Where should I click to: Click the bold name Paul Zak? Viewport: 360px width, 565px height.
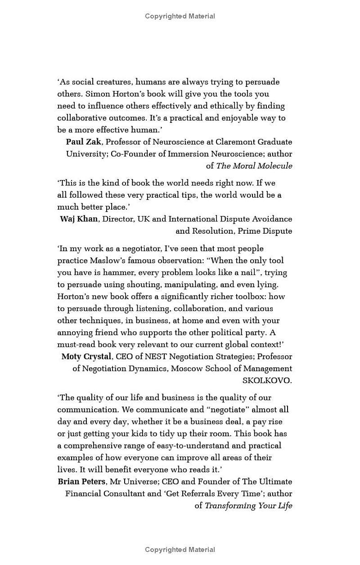point(84,142)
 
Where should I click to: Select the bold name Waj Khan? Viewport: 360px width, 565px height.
point(79,219)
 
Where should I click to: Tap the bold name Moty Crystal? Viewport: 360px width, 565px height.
point(86,357)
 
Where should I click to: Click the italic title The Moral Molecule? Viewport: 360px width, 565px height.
point(254,166)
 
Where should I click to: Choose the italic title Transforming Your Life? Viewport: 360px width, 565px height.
point(248,506)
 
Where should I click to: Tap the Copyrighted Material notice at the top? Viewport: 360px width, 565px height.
point(180,16)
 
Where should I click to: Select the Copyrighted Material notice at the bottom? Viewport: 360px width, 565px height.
point(180,550)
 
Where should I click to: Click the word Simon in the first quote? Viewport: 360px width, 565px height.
point(97,94)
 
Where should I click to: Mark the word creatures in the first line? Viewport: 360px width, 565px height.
point(110,82)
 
